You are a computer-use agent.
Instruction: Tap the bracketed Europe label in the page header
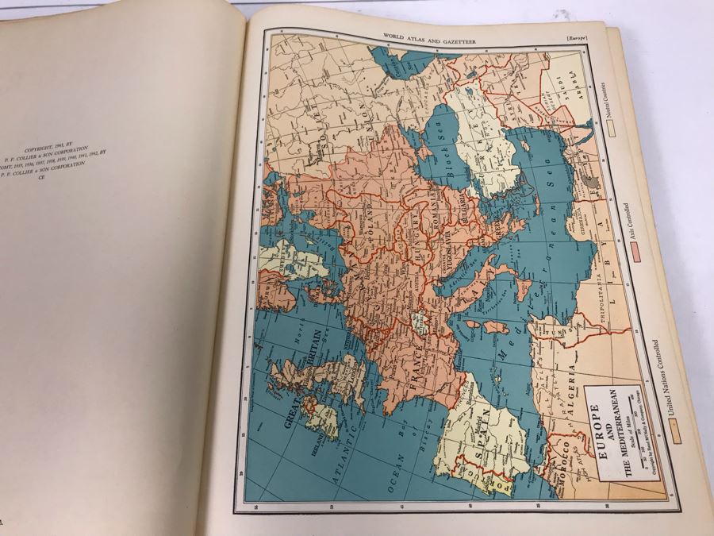click(x=572, y=37)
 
